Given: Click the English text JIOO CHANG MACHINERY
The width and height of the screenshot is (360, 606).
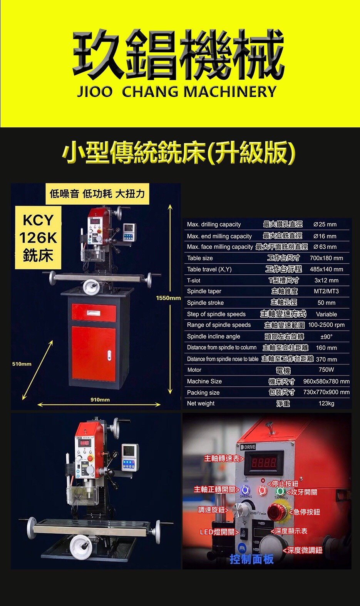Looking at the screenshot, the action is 176,91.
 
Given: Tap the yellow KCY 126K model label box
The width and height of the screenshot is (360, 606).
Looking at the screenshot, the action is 38,237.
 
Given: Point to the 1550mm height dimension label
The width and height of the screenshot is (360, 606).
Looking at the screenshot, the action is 168,298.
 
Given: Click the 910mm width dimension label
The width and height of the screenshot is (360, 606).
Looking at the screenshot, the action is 100,400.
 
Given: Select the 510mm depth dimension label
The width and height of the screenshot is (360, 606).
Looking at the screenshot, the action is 22,364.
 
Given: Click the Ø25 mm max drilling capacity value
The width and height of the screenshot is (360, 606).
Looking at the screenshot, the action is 325,224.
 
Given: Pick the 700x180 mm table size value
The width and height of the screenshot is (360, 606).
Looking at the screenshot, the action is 327,258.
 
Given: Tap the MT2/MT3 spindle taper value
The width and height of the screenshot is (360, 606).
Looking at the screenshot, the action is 326,291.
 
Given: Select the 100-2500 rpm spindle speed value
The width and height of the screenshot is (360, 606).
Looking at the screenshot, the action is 327,325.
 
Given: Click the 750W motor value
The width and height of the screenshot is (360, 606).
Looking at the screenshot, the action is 327,369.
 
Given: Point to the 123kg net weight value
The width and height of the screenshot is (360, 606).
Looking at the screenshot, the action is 327,403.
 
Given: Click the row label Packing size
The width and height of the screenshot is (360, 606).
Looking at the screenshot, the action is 203,392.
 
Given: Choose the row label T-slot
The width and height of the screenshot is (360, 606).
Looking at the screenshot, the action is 194,280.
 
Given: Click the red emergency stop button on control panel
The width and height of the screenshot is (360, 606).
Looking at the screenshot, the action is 278,512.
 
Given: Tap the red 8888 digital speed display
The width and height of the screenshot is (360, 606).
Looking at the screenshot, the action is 264,463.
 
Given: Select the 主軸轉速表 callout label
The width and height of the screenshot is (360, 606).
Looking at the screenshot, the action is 224,458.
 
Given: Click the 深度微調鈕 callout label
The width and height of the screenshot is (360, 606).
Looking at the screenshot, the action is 303,550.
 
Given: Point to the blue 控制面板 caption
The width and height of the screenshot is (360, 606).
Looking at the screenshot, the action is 252,559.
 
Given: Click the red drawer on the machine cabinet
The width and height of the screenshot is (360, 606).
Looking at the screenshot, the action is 94,312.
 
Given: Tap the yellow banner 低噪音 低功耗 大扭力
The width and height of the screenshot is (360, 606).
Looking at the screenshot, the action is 97,194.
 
